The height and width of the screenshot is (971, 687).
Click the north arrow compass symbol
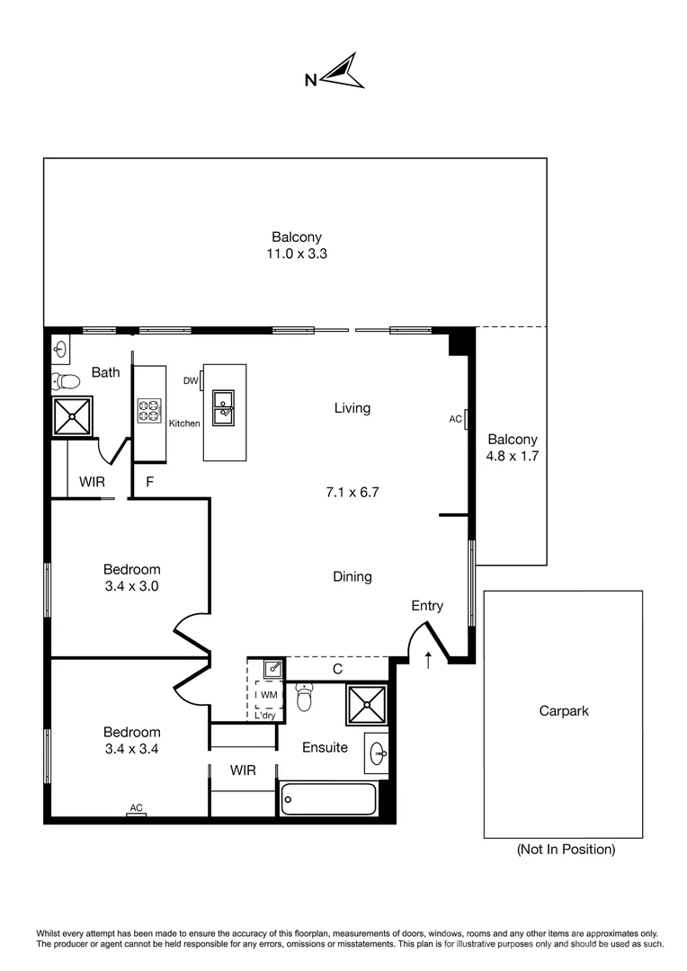point(342,72)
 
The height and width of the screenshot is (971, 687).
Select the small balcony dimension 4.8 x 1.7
point(512,456)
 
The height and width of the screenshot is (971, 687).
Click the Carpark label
point(563,710)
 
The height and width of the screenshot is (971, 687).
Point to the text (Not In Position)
point(566,849)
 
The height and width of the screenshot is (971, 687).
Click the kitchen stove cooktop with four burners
point(148,411)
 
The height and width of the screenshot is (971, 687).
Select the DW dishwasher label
point(191,381)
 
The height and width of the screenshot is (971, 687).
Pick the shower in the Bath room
point(71,416)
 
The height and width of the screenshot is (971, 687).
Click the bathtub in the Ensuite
point(328,798)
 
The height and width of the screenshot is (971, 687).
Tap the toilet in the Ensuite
point(304,698)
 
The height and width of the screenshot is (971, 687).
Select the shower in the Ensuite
point(367,705)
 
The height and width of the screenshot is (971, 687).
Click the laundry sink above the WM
point(272,669)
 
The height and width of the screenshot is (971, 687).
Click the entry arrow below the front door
point(428,661)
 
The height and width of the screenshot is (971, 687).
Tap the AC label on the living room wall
point(455,419)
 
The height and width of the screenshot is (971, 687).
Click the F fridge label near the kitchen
point(150,482)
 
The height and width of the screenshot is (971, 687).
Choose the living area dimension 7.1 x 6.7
point(352,493)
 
